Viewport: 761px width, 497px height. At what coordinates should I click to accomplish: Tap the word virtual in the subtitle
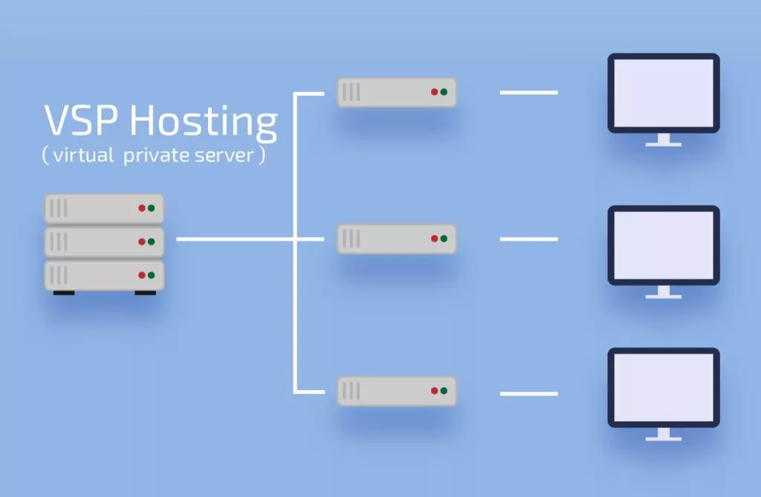coord(82,157)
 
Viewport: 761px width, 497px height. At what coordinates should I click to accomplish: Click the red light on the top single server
coord(434,92)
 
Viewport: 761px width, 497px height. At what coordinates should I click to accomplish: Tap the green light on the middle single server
coord(444,238)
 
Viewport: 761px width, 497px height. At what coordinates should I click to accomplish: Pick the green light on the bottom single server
coord(444,390)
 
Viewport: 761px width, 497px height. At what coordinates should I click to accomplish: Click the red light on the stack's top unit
coord(141,208)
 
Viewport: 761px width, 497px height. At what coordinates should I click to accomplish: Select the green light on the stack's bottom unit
coord(151,275)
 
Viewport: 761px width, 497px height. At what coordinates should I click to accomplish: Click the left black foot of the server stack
coord(64,293)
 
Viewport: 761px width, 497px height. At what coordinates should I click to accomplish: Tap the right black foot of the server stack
coord(145,293)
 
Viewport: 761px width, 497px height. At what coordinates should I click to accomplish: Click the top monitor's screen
coord(663,93)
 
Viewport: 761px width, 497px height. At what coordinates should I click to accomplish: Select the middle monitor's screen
coord(663,244)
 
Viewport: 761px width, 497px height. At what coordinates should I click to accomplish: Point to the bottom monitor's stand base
coord(663,439)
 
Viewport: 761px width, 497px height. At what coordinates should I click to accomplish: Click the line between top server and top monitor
coord(528,93)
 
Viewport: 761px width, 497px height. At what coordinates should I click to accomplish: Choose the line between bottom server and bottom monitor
coord(528,393)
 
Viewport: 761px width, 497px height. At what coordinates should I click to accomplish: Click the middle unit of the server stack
coord(104,241)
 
